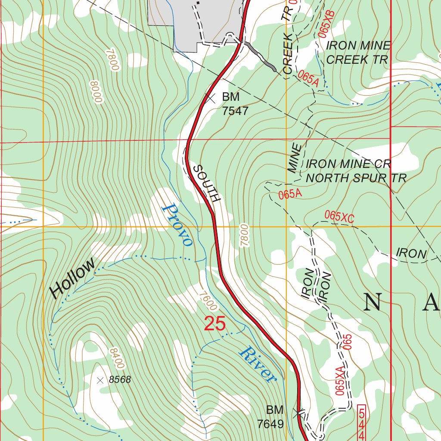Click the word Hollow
(72, 279)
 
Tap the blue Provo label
(177, 224)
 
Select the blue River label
(258, 364)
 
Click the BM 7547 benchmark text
(235, 104)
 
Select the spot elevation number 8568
(120, 380)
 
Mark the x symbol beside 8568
(100, 380)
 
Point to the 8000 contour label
(95, 91)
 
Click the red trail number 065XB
(327, 24)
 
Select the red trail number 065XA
(340, 381)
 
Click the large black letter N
(373, 302)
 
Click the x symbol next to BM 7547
(210, 98)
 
